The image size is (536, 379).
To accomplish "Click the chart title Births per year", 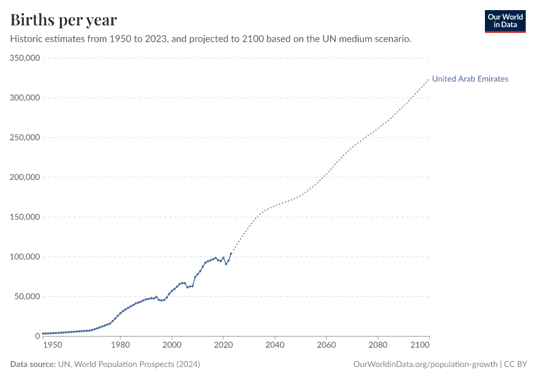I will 64,20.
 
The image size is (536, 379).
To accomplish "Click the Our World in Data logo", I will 504,21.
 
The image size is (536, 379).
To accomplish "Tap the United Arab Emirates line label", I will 470,79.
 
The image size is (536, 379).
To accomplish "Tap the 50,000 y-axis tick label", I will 28,296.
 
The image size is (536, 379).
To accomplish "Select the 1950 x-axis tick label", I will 52,346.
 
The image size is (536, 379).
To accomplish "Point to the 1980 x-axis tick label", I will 120,346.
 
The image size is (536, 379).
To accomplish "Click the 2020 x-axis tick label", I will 223,346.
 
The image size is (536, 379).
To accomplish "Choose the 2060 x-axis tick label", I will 326,346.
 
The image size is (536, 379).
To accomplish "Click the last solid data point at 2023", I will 231,253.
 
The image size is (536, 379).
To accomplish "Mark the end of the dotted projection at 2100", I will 429,79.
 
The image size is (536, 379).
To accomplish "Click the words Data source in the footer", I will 32,364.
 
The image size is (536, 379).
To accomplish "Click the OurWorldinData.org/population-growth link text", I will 426,364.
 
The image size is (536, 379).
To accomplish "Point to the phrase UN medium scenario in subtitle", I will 372,39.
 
